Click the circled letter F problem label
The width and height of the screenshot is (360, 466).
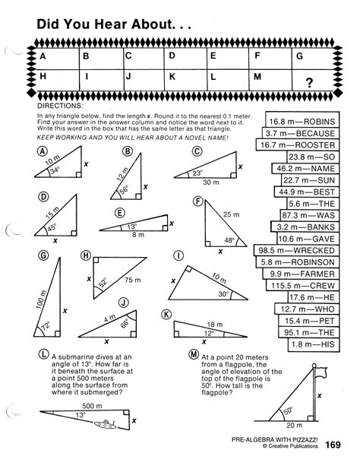click(197, 201)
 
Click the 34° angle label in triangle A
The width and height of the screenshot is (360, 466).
click(55, 171)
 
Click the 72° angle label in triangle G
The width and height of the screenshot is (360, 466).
click(55, 326)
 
